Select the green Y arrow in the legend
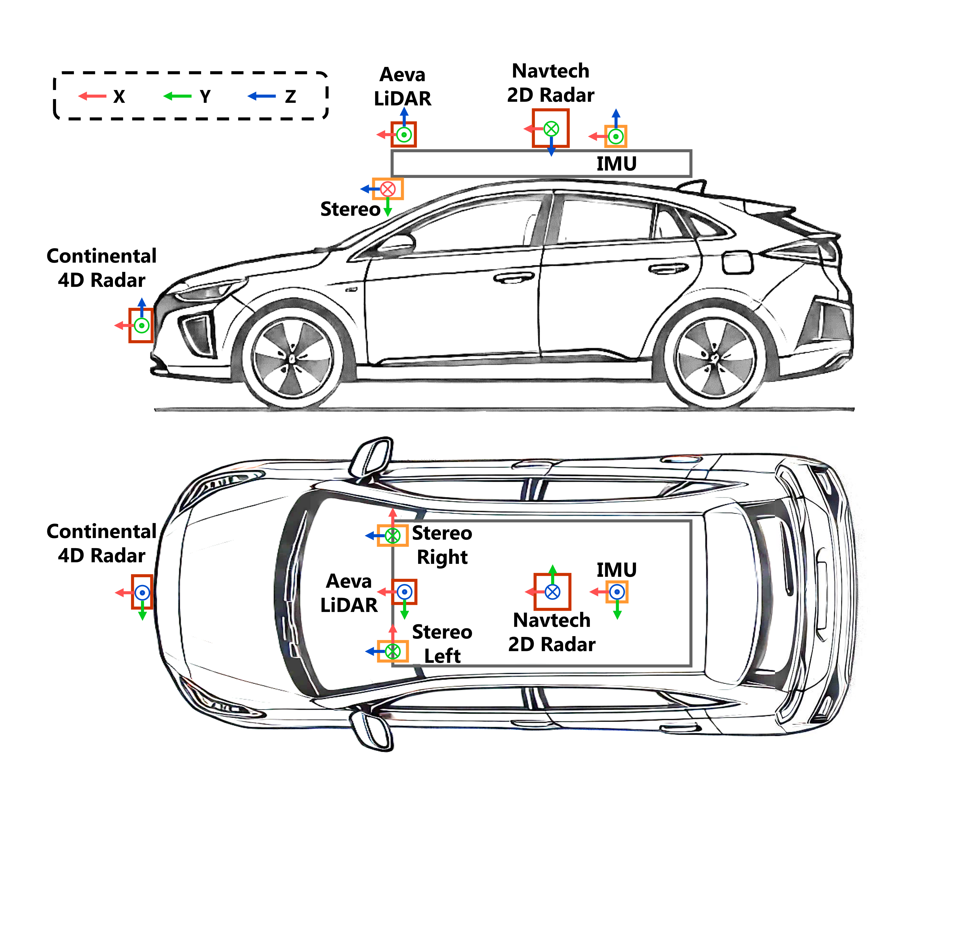click(x=178, y=96)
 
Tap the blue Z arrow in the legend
click(x=262, y=96)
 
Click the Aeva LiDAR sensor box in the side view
click(x=404, y=135)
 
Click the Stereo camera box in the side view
click(x=388, y=189)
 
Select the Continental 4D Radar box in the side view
click(x=141, y=326)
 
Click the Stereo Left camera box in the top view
click(x=393, y=651)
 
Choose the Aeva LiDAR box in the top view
click(x=404, y=592)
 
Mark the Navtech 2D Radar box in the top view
click(x=552, y=592)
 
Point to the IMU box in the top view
click(x=617, y=592)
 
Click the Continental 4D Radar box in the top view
click(x=142, y=592)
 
